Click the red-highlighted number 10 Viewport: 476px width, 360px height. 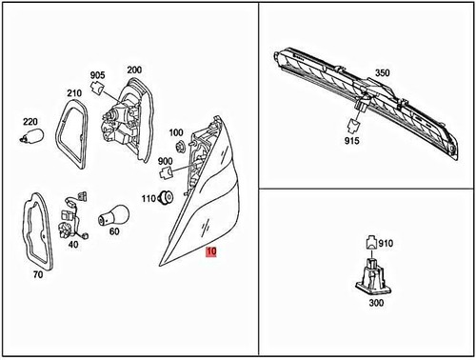(x=211, y=251)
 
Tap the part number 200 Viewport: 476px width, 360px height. (x=134, y=70)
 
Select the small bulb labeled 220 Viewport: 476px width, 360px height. (x=32, y=136)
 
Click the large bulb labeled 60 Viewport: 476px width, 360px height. (x=113, y=216)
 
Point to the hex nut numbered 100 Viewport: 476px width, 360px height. (x=181, y=148)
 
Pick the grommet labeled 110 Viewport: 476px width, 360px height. (x=166, y=198)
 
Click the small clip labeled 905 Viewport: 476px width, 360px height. (x=97, y=87)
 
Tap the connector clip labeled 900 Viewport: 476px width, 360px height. (x=166, y=173)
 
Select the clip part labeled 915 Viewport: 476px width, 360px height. (x=353, y=126)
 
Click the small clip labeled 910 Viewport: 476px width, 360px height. (x=371, y=243)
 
